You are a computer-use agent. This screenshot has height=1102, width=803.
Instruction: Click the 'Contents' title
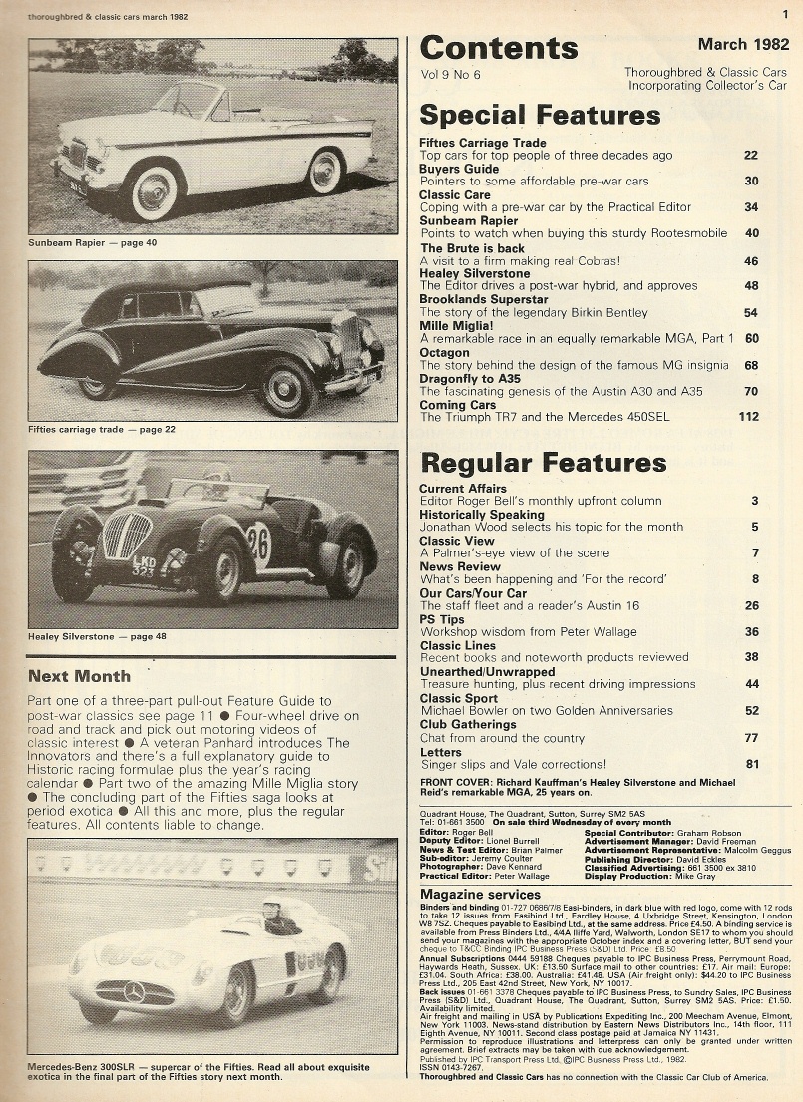click(x=498, y=48)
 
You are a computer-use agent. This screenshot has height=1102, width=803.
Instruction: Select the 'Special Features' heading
click(x=540, y=115)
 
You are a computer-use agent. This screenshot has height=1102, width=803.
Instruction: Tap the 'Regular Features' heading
click(x=543, y=463)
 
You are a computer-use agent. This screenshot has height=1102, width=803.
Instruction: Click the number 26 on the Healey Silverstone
click(x=259, y=545)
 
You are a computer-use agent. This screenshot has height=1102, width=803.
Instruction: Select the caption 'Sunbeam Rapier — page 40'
click(x=93, y=242)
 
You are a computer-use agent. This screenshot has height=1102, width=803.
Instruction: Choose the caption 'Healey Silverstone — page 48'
click(x=98, y=636)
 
